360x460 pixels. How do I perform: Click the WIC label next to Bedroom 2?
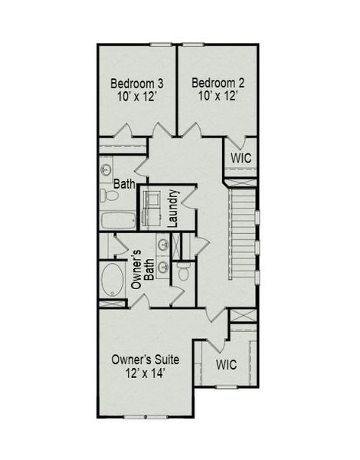pos(241,158)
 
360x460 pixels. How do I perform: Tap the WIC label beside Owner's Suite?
pos(227,363)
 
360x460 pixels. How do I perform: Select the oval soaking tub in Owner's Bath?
pos(113,281)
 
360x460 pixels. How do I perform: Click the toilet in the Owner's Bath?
pos(183,272)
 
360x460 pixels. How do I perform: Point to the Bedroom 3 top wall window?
pos(161,44)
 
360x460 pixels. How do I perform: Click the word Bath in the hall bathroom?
pos(124,184)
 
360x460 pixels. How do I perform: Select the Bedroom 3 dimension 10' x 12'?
pos(136,97)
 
